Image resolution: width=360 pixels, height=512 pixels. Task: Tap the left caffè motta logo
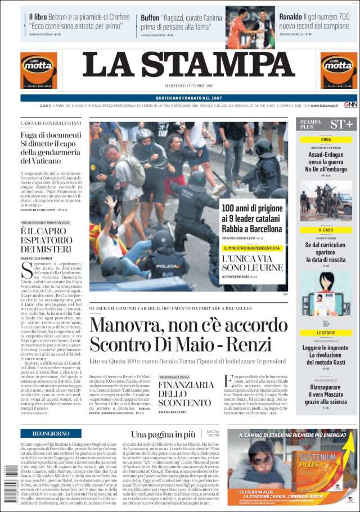(x=38, y=70)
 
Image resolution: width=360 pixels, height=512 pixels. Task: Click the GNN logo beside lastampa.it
(x=350, y=105)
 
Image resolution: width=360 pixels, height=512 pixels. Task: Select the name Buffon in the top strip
(x=150, y=17)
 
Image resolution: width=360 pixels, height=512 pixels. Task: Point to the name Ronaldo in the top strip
(x=291, y=17)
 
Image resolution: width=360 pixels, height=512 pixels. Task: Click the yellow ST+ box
(x=341, y=124)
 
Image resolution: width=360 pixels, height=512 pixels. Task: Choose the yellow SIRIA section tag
(x=326, y=140)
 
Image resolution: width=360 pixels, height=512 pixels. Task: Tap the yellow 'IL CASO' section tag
(x=326, y=230)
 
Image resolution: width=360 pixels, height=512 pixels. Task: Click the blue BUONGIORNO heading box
(x=51, y=434)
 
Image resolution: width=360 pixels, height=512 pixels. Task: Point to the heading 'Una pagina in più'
(x=163, y=434)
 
